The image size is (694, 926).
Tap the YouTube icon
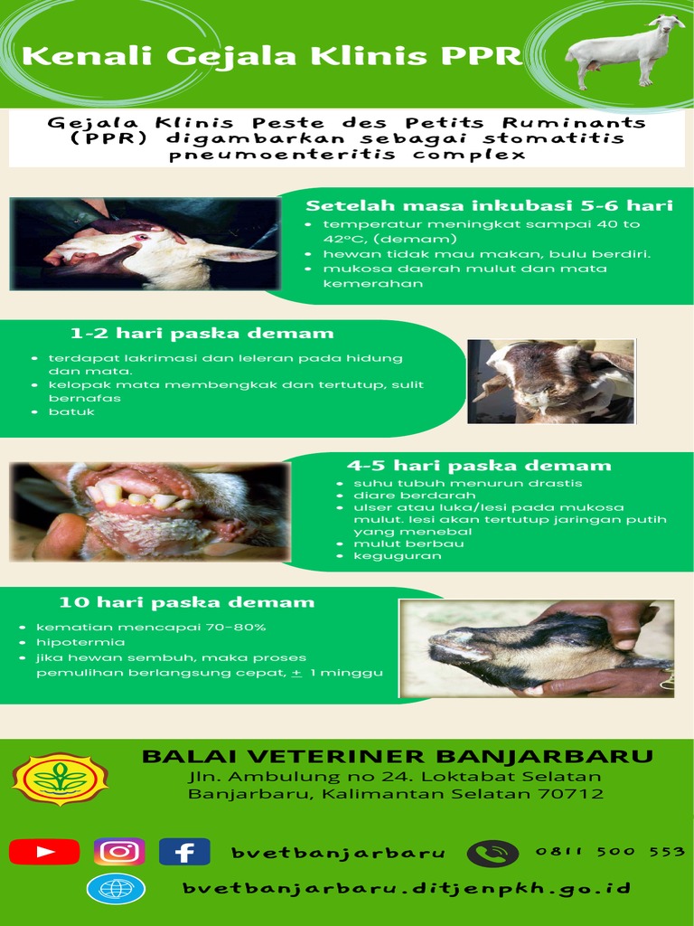(x=44, y=852)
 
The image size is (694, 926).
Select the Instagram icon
(x=119, y=852)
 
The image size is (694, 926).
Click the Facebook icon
(x=184, y=852)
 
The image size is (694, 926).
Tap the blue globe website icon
(x=116, y=889)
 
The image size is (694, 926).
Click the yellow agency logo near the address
(x=60, y=779)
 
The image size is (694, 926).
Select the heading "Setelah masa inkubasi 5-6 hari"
(x=489, y=206)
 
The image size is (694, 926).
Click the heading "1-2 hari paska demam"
(x=202, y=334)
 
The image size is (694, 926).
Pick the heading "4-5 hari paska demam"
(x=479, y=466)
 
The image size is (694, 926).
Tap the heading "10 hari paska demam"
(x=187, y=602)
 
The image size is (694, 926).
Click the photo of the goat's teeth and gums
(x=150, y=511)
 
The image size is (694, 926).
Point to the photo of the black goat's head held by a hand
(x=538, y=648)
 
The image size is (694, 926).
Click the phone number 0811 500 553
(x=610, y=852)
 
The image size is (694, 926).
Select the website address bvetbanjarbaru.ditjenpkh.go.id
(x=407, y=889)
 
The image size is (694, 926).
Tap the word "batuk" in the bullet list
(x=71, y=412)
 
